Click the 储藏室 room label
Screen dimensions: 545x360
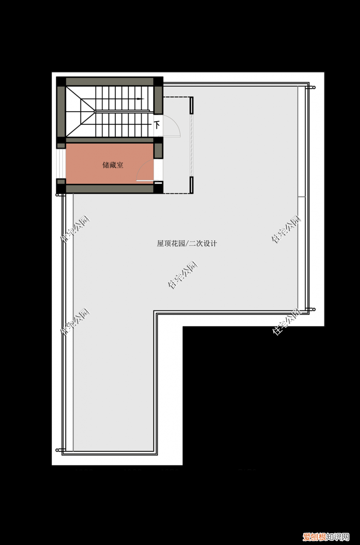pos(113,165)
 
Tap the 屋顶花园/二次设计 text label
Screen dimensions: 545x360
pos(187,244)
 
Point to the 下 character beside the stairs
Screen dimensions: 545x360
pos(157,125)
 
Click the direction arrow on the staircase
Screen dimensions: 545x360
pos(140,99)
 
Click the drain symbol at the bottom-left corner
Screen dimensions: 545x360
pos(58,449)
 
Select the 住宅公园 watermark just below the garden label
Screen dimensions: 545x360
pos(183,275)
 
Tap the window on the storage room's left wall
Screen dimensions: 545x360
pos(61,164)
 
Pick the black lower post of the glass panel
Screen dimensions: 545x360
pos(192,184)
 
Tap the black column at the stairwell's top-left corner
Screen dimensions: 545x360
pos(61,81)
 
